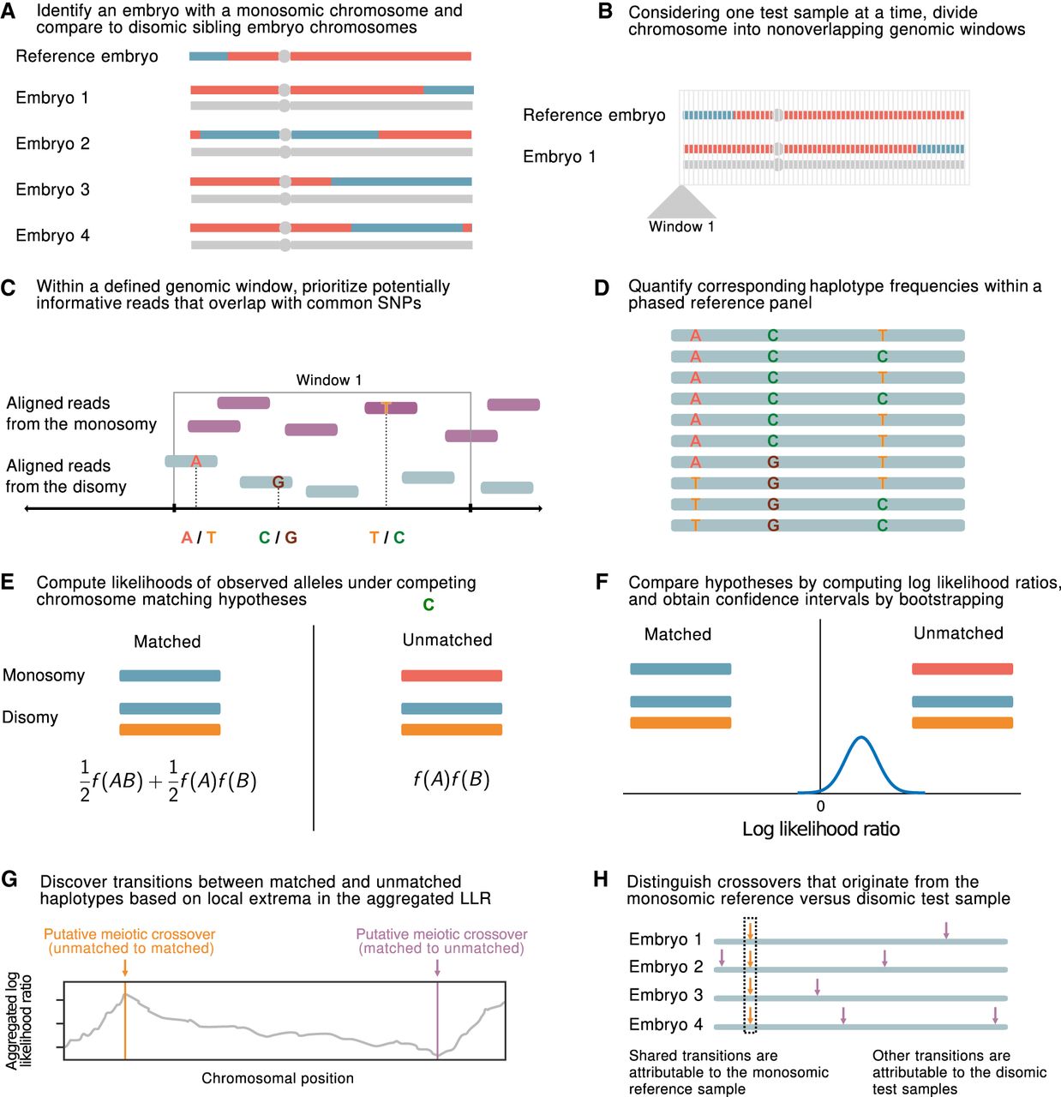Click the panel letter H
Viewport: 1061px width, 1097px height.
[x=601, y=880]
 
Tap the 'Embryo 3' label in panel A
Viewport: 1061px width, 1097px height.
[x=52, y=189]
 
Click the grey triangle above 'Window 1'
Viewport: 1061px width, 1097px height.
[x=680, y=203]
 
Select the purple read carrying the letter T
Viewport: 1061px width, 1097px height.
[x=391, y=408]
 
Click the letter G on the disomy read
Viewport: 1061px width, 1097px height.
[x=278, y=483]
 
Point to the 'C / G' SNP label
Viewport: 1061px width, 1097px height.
[x=278, y=537]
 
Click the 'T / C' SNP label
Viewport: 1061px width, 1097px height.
[x=387, y=537]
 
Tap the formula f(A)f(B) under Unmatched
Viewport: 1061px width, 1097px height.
[x=451, y=779]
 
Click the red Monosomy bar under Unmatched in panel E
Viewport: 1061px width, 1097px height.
[x=451, y=676]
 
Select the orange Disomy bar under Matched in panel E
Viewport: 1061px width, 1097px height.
[x=170, y=730]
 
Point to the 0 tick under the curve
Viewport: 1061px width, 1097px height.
[x=820, y=806]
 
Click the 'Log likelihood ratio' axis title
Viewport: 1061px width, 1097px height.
[x=820, y=830]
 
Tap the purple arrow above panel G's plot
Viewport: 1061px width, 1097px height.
[x=438, y=967]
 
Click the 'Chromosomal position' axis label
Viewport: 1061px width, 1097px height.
[x=277, y=1078]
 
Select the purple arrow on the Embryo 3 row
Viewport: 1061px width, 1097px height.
[x=817, y=986]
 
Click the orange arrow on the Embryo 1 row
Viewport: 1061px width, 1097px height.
[x=750, y=931]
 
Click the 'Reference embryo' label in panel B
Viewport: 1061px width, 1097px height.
[x=594, y=116]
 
